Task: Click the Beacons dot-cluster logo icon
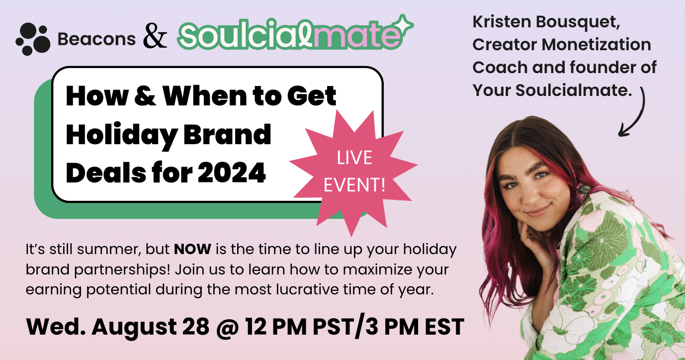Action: pyautogui.click(x=33, y=39)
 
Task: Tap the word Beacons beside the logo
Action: pyautogui.click(x=96, y=39)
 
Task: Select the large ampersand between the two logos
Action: pyautogui.click(x=155, y=36)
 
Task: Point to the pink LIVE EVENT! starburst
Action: pyautogui.click(x=353, y=173)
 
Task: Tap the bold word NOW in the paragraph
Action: pyautogui.click(x=192, y=249)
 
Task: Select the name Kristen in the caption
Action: pyautogui.click(x=501, y=22)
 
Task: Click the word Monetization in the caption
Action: pyautogui.click(x=597, y=45)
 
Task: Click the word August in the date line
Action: pyautogui.click(x=134, y=328)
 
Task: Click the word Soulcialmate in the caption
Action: pyautogui.click(x=574, y=90)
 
